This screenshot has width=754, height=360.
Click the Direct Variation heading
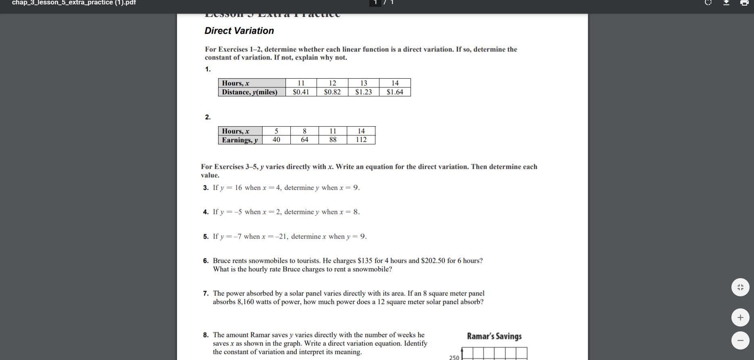pyautogui.click(x=239, y=31)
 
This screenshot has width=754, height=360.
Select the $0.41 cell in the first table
pyautogui.click(x=301, y=92)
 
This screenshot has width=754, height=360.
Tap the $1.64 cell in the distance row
pyautogui.click(x=395, y=92)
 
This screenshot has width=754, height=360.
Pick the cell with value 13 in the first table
pyautogui.click(x=363, y=83)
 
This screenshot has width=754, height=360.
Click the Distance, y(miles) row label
pyautogui.click(x=250, y=92)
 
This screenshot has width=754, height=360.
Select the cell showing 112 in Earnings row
pyautogui.click(x=361, y=139)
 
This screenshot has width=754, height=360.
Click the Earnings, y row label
pyautogui.click(x=240, y=140)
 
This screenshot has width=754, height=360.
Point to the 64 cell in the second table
pyautogui.click(x=304, y=139)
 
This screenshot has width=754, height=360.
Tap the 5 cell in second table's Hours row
pyautogui.click(x=276, y=131)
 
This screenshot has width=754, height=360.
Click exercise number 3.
pyautogui.click(x=206, y=188)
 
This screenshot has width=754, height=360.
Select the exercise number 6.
pyautogui.click(x=206, y=261)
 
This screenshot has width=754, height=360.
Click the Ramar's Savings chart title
pyautogui.click(x=494, y=336)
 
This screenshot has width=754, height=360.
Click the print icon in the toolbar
pyautogui.click(x=744, y=3)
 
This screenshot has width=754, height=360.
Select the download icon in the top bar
pyautogui.click(x=726, y=3)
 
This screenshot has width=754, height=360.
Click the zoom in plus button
pyautogui.click(x=740, y=318)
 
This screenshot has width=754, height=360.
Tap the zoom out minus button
pyautogui.click(x=740, y=340)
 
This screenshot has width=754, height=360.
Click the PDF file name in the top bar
pyautogui.click(x=74, y=3)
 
